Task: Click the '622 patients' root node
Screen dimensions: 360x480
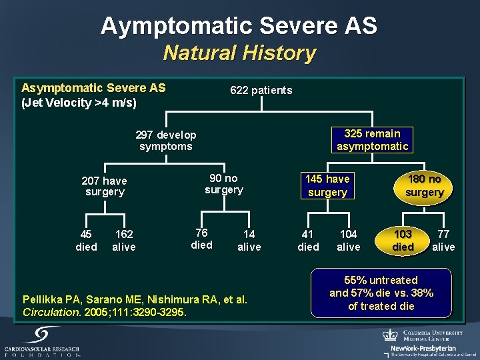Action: [x=261, y=90]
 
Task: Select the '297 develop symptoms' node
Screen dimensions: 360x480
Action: [x=165, y=141]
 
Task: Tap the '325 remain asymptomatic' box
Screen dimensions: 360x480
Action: [x=372, y=140]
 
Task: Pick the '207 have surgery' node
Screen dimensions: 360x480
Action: [x=105, y=186]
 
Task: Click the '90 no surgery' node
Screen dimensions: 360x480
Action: [x=223, y=184]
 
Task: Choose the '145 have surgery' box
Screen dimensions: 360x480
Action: [x=327, y=185]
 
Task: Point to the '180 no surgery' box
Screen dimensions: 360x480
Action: [x=425, y=185]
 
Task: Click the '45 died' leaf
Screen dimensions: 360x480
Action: [x=86, y=241]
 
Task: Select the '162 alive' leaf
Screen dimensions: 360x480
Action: [x=124, y=241]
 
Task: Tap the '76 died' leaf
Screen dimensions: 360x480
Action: [x=201, y=239]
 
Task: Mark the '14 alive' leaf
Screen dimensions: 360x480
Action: [x=249, y=241]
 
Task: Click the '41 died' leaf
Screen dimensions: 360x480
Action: [x=308, y=241]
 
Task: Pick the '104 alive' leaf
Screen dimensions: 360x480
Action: [x=348, y=241]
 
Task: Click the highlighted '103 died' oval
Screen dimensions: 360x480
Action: [x=403, y=241]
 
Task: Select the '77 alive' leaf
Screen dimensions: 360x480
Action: [x=443, y=241]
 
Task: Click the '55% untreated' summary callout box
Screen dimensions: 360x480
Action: [x=381, y=293]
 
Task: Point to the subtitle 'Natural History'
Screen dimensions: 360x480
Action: [x=239, y=53]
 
